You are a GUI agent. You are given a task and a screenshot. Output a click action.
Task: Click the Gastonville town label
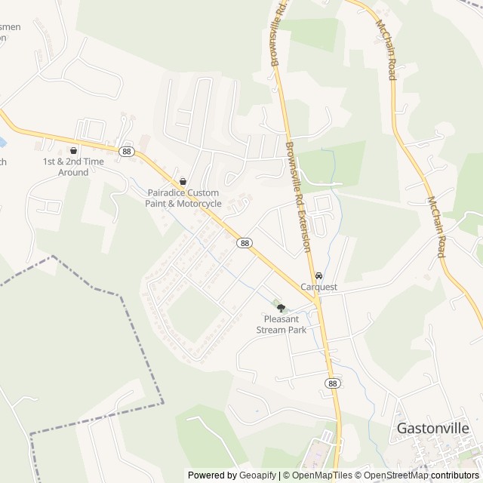pos(432,428)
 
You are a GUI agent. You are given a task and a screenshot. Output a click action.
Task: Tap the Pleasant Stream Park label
pos(281,324)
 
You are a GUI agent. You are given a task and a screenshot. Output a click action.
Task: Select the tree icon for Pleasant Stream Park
pos(281,307)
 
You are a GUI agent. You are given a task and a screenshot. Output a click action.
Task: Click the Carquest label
pos(318,287)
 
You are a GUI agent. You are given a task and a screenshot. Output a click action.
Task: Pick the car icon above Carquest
pos(318,275)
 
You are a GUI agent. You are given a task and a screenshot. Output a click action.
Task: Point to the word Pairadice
pos(165,193)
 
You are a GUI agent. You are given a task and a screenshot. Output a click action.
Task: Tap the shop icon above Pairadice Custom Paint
pos(183,182)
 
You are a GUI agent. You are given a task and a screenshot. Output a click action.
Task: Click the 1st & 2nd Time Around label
pos(73,167)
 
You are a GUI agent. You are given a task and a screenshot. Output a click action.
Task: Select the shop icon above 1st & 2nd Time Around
pos(73,150)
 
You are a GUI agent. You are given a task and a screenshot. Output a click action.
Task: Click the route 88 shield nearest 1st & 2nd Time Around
pos(126,151)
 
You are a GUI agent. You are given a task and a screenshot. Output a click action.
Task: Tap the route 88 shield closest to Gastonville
pos(333,383)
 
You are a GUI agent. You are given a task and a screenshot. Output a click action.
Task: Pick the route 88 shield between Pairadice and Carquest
pos(244,242)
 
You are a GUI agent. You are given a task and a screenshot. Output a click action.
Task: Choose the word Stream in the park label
pos(270,329)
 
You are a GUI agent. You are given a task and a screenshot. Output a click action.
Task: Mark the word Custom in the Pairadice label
pos(202,193)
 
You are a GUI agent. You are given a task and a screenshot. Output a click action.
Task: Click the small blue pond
pos(2,142)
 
